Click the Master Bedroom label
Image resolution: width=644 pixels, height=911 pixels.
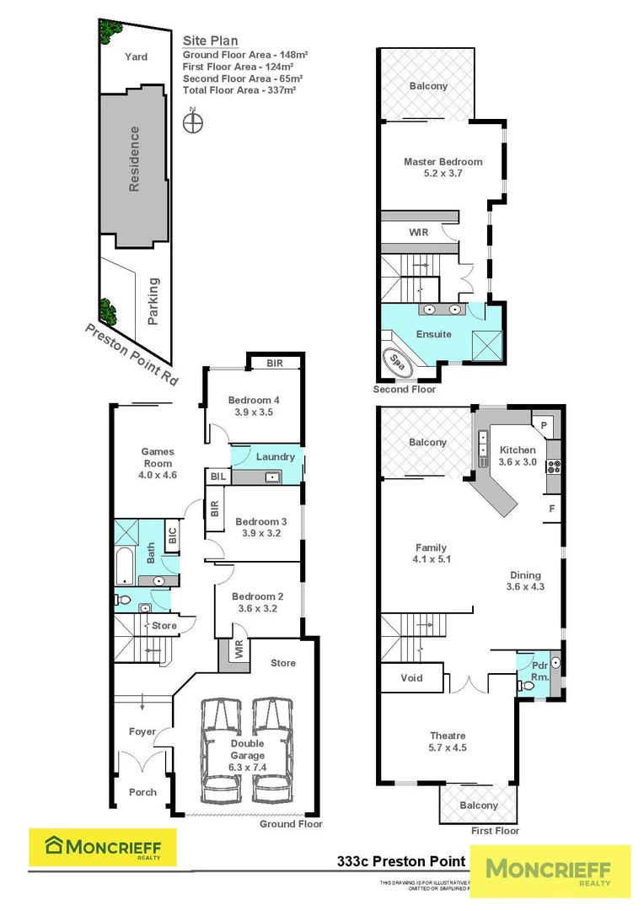tap(443, 162)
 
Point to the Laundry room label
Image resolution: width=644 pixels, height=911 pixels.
tap(276, 457)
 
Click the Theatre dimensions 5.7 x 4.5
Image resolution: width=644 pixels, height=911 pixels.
tap(447, 747)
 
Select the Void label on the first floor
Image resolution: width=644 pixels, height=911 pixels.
tap(412, 677)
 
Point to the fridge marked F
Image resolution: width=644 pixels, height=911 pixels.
tap(551, 509)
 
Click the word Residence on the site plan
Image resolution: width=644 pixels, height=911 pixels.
tap(133, 159)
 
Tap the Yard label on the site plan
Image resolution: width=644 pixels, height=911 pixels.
tap(136, 57)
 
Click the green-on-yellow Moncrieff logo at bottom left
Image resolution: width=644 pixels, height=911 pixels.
tap(103, 847)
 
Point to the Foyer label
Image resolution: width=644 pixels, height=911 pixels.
tap(142, 731)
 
